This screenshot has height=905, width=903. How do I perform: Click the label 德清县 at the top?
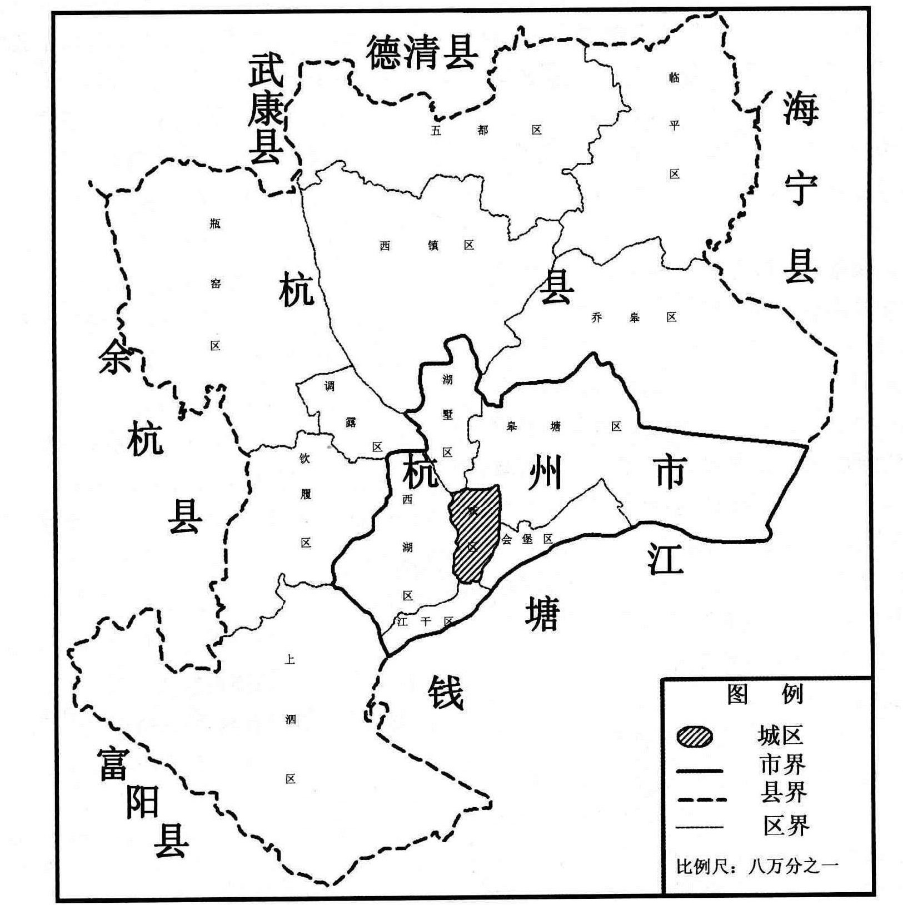422,53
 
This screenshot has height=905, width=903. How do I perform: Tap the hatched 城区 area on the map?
475,534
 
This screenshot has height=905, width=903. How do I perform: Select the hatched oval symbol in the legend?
695,737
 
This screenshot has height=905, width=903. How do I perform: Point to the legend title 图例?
765,694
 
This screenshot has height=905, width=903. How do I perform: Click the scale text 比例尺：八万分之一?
757,866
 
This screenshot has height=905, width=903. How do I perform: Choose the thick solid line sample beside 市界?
700,770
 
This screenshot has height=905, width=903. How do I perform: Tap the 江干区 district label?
426,621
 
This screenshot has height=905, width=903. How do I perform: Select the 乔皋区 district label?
634,318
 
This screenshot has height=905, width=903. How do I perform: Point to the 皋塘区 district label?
563,426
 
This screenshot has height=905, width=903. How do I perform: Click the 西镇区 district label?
427,245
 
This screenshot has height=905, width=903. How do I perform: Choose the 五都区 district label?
485,130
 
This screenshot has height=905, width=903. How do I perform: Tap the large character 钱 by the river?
446,693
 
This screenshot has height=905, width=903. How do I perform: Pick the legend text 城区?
780,735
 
